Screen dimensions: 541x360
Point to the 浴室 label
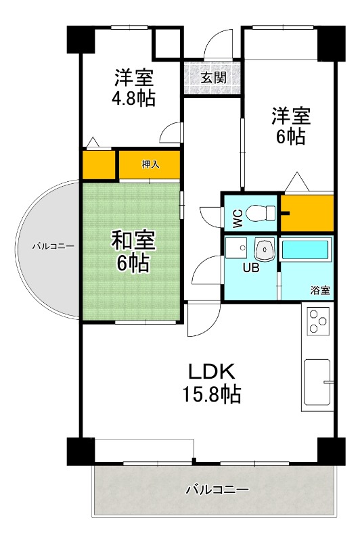tap(320, 290)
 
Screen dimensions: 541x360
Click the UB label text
tap(251, 266)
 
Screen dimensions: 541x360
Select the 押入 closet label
tap(150, 164)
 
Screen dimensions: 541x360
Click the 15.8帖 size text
tap(210, 394)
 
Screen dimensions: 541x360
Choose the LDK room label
tap(210, 371)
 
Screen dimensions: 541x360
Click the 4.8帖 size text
tap(133, 98)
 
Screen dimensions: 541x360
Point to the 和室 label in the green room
tap(133, 240)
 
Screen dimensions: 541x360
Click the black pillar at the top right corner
tap(331, 41)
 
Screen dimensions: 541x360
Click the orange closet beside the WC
tap(307, 212)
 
